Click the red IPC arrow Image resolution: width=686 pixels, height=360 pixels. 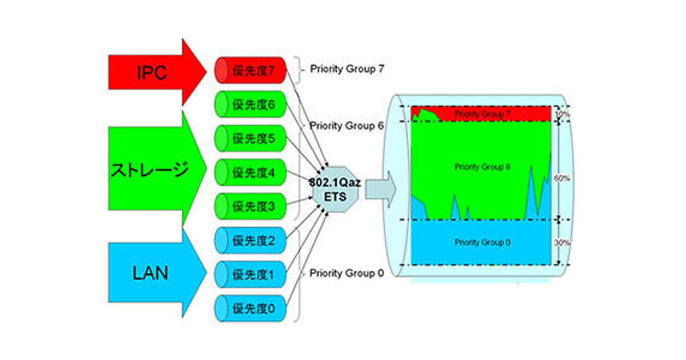coord(151,73)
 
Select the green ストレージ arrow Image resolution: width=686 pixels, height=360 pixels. coord(151,170)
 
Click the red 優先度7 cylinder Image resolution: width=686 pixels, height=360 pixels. coord(250,70)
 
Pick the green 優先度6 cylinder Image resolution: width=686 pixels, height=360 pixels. coord(250,105)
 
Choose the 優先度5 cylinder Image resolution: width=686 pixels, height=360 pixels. coord(250,138)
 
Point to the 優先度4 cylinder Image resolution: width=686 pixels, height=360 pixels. coord(250,172)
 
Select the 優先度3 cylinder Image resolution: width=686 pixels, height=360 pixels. coord(250,206)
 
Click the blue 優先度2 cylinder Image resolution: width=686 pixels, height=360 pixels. coord(250,241)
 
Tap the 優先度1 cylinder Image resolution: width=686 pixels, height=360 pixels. coord(250,275)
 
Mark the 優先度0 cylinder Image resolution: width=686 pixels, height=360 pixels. coord(250,309)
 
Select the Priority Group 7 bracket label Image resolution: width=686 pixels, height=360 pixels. coord(347,69)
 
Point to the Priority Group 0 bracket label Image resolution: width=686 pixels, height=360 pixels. coord(346,273)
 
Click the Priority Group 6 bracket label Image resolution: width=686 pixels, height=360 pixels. coord(346,125)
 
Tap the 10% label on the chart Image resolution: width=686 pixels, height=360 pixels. coord(562,114)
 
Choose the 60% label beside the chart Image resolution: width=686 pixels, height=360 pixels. coord(562,178)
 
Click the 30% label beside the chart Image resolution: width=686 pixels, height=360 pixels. coord(562,242)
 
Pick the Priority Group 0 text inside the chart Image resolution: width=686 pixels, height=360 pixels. coord(482,242)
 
